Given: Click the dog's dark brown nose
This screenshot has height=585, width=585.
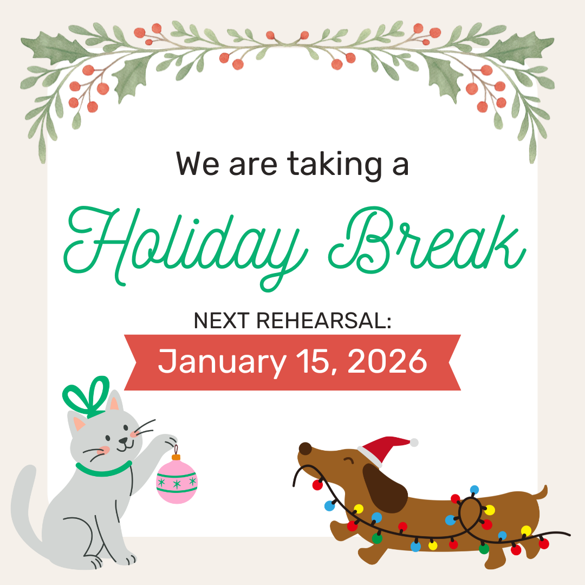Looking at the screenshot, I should tap(305, 448).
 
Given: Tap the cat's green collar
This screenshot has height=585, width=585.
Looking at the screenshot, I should tap(103, 470).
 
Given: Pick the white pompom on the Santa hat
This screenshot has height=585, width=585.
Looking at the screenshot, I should tap(414, 443).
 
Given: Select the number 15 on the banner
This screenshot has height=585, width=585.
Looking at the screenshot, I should tap(319, 362).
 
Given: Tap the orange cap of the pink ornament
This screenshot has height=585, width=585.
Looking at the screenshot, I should tap(175, 458).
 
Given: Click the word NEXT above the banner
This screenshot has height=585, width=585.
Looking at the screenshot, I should tap(222, 321).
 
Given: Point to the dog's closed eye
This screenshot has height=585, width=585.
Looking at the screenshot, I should tap(348, 461).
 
